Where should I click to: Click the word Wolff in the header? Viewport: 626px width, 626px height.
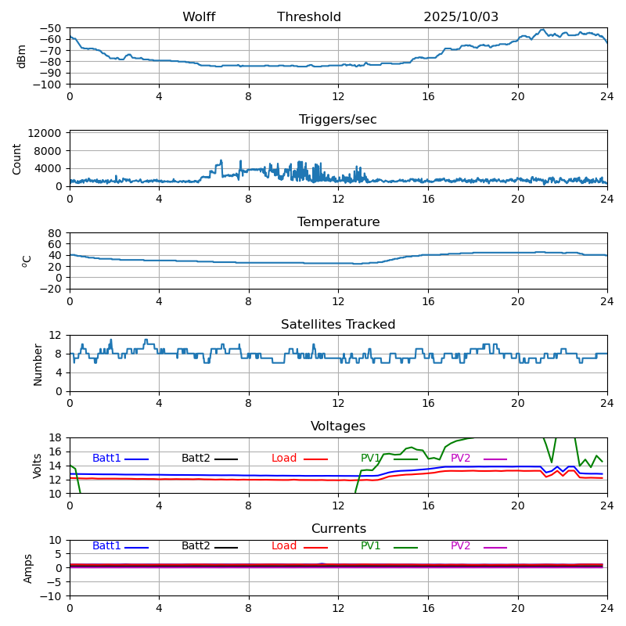click(x=199, y=17)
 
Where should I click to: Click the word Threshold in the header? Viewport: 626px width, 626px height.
click(x=309, y=17)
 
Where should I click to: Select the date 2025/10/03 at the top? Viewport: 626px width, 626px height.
click(x=461, y=17)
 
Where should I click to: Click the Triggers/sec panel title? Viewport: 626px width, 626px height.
click(x=338, y=120)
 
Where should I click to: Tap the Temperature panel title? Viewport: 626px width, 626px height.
click(x=338, y=222)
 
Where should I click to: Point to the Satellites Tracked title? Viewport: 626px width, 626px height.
click(x=338, y=325)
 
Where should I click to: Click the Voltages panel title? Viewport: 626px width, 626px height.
click(x=338, y=426)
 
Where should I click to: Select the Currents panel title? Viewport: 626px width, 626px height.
click(x=338, y=529)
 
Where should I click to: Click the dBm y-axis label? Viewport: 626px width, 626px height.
click(x=22, y=56)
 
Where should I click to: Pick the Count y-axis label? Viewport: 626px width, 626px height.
click(x=17, y=158)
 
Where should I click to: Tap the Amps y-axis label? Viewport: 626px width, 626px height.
click(x=28, y=568)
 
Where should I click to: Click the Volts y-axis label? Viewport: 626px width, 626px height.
click(x=38, y=466)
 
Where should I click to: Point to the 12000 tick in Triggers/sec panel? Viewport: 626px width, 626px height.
click(x=47, y=134)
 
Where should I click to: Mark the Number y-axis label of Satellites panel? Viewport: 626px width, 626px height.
click(x=38, y=364)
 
